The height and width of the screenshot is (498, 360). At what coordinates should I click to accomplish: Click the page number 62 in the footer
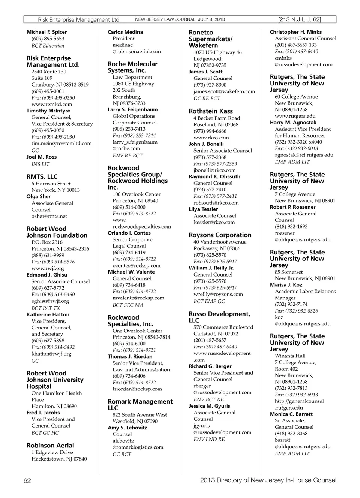[x=27, y=480]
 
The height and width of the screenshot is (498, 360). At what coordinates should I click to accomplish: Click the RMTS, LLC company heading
[x=42, y=176]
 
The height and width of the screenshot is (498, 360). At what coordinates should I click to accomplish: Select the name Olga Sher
[x=39, y=196]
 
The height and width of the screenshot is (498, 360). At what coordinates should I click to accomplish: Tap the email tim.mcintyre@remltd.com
[x=61, y=143]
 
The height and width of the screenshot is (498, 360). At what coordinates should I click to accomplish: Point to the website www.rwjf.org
[x=48, y=268]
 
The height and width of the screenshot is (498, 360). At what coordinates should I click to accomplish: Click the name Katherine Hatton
[x=48, y=314]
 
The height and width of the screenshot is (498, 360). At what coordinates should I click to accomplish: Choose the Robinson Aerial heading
[x=50, y=445]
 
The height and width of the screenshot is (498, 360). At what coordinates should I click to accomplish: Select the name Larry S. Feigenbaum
[x=133, y=109]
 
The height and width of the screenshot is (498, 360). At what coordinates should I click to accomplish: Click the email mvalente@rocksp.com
[x=138, y=298]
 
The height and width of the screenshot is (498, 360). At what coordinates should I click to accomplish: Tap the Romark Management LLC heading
[x=140, y=404]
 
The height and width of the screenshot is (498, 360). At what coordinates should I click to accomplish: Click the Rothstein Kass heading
[x=211, y=111]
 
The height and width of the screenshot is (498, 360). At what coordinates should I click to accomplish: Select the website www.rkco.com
[x=211, y=138]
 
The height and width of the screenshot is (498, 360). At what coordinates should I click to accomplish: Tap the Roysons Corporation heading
[x=220, y=235]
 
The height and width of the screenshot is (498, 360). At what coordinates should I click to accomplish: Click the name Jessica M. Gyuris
[x=210, y=406]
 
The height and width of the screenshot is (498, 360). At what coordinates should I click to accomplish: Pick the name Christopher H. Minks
[x=296, y=32]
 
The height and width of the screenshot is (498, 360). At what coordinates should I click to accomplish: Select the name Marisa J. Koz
[x=286, y=284]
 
